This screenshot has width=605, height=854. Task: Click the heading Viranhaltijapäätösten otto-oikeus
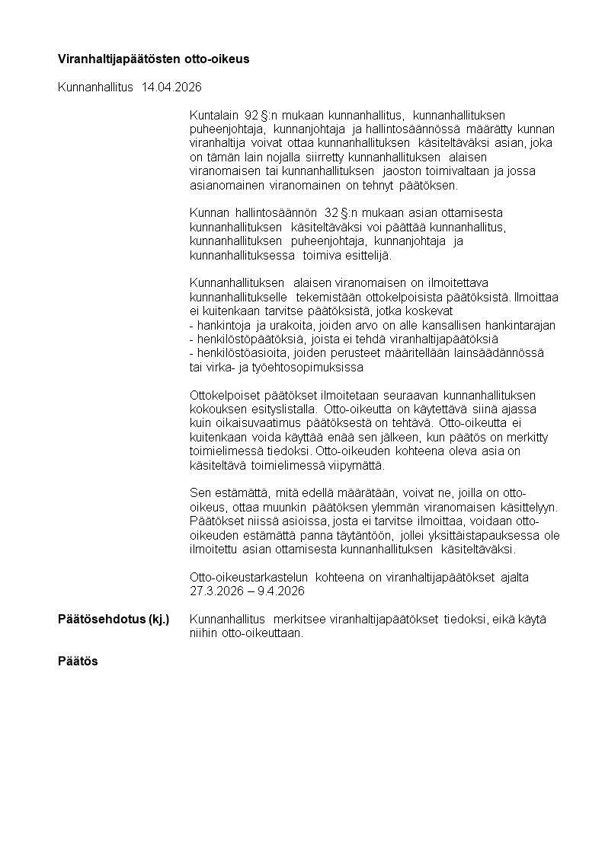pos(154,59)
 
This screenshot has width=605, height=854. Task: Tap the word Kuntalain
pos(215,115)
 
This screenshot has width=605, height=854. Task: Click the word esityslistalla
pos(285,409)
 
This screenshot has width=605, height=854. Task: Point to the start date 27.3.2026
pos(216,591)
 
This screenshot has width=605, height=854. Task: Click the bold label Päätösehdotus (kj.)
pos(114,620)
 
